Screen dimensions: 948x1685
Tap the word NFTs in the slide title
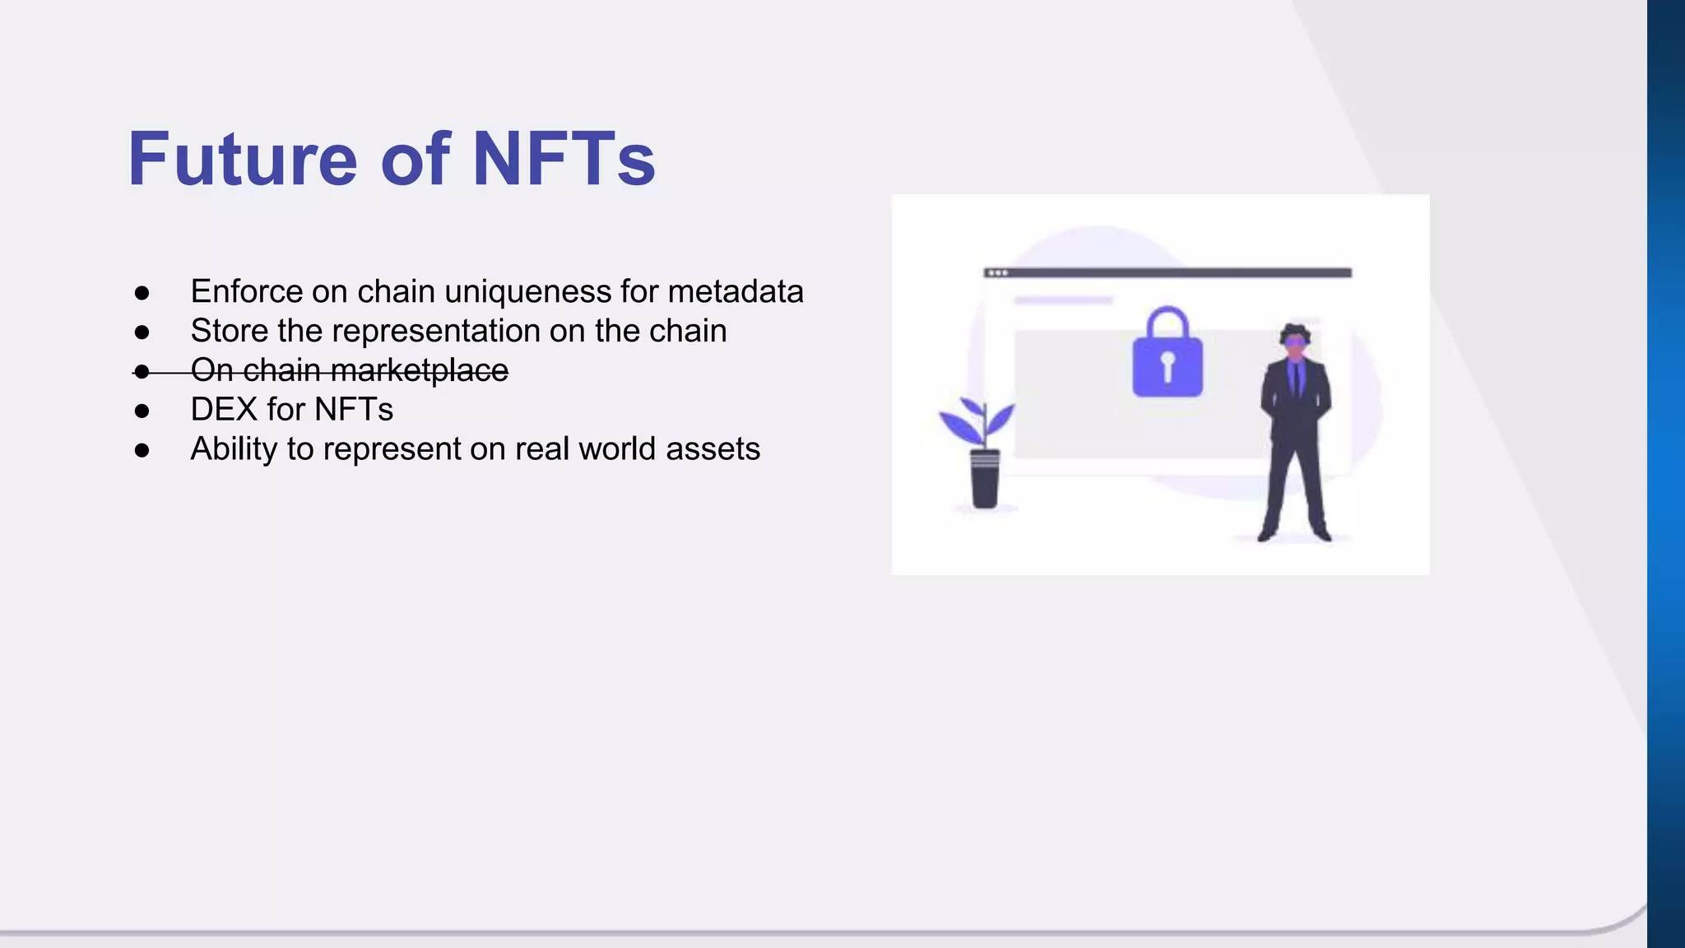tap(564, 159)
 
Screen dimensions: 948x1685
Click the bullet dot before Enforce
tap(142, 293)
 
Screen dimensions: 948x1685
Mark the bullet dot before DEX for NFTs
tap(142, 411)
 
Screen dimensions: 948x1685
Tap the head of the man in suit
tap(1295, 340)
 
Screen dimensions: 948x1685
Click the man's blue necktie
tap(1296, 380)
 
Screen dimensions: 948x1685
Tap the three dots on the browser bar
tap(998, 272)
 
